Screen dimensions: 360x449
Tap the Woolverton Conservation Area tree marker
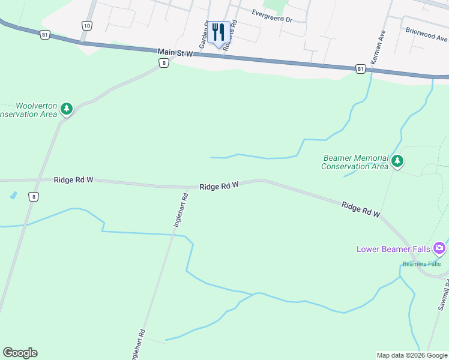(67, 109)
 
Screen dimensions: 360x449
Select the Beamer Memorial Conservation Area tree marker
(397, 161)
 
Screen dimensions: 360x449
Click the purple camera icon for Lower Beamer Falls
(440, 248)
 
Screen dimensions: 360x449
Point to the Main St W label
(176, 53)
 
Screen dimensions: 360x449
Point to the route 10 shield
(88, 25)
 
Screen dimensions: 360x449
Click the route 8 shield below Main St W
(163, 63)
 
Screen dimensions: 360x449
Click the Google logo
(20, 353)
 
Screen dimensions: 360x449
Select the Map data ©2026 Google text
(411, 355)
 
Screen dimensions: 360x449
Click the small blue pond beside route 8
(13, 196)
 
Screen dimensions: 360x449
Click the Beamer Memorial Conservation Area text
(355, 162)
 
